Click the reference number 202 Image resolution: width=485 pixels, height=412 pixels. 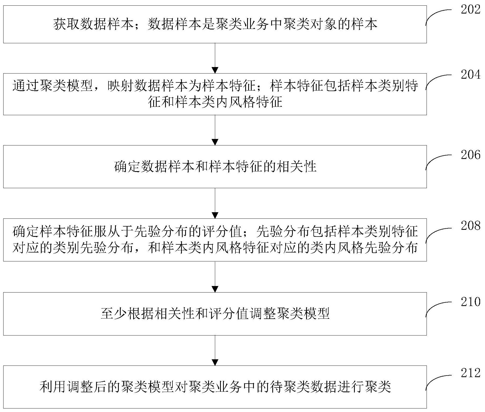471,10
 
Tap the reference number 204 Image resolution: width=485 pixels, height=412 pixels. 471,74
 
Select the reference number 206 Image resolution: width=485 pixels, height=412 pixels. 471,155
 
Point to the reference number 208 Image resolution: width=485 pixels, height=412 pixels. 471,225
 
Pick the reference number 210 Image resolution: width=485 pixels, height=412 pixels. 471,302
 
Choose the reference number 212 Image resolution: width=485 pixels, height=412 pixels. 471,373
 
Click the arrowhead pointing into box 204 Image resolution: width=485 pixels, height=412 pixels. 215,70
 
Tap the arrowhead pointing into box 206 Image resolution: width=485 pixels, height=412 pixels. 215,142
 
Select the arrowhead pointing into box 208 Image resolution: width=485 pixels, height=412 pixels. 215,215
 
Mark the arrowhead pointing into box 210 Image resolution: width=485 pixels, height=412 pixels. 215,289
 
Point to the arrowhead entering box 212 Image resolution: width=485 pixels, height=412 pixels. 215,362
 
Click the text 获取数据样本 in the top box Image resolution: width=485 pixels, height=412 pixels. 93,24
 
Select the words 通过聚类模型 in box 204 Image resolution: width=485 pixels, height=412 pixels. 53,86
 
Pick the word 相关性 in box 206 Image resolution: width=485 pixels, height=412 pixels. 296,166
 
